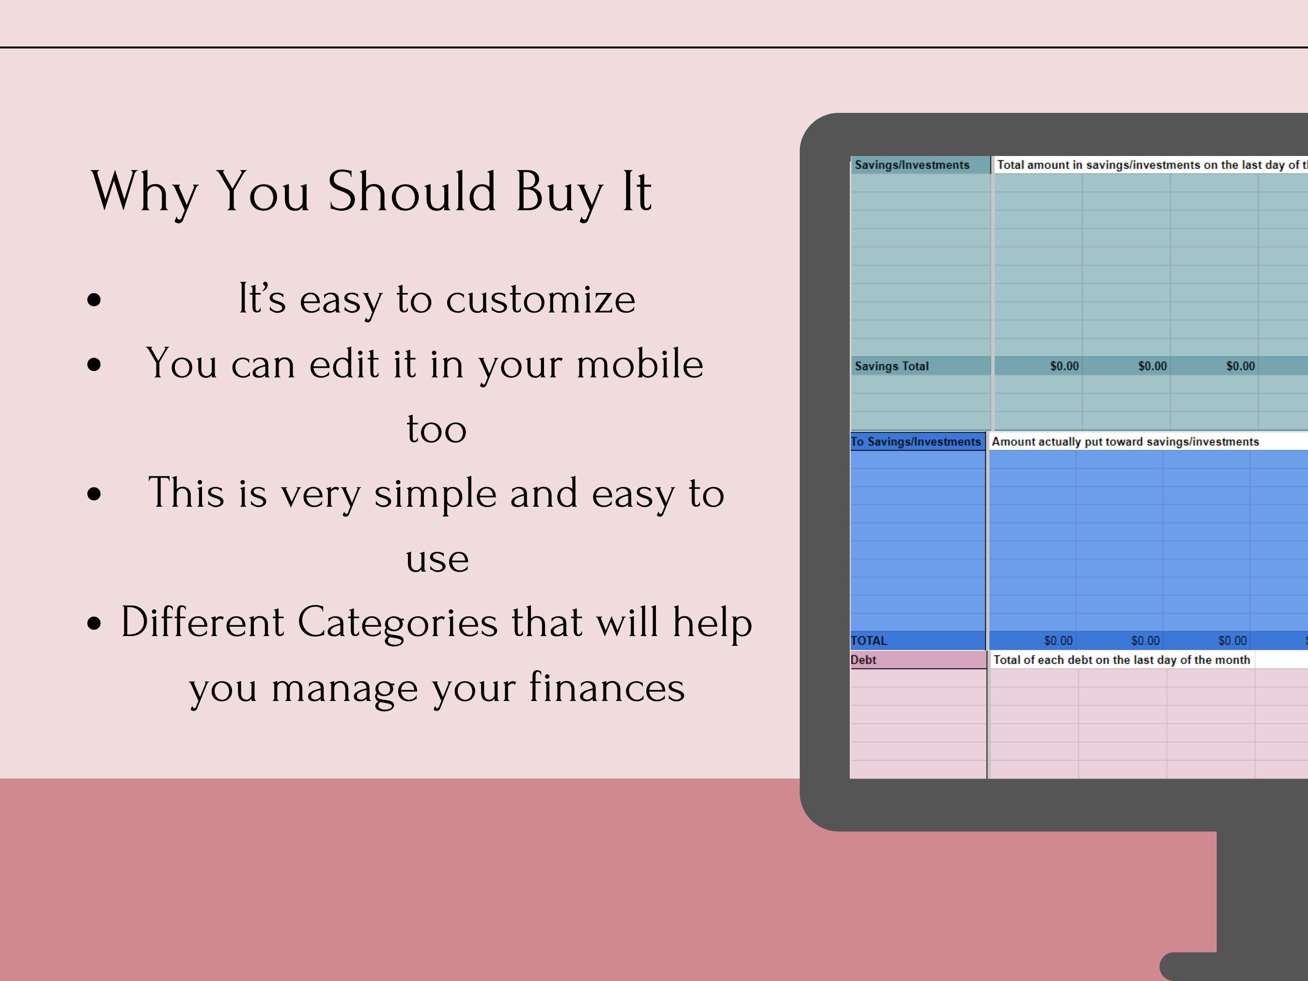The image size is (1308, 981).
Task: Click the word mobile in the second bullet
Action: [x=640, y=364]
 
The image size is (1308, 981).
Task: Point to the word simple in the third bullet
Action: [x=435, y=493]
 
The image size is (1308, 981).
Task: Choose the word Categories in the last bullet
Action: [x=397, y=623]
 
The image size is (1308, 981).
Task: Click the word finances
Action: [x=607, y=688]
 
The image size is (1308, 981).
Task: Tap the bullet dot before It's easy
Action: [x=93, y=300]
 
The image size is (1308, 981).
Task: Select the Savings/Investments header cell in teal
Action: [x=912, y=165]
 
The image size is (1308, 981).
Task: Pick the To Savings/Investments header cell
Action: [x=917, y=442]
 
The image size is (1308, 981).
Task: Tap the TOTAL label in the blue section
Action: [x=869, y=640]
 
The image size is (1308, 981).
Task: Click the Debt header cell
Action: [x=863, y=660]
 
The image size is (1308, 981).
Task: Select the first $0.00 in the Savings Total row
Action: [x=1064, y=366]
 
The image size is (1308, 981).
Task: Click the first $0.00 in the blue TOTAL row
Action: [x=1058, y=640]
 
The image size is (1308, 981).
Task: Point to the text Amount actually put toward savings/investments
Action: [x=1125, y=442]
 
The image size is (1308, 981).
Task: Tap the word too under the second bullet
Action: [x=436, y=429]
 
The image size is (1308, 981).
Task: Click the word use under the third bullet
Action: [x=437, y=558]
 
